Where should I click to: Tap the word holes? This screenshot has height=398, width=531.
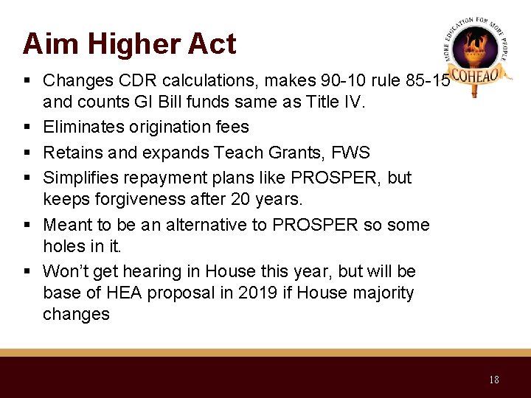tap(63, 247)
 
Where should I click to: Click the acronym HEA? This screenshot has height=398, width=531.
tap(127, 293)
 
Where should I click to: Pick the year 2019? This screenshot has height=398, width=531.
tap(257, 293)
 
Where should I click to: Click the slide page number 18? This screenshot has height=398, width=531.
tap(493, 380)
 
